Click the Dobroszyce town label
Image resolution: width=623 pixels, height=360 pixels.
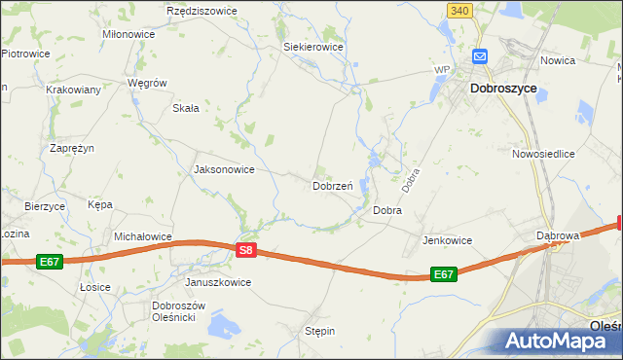503,88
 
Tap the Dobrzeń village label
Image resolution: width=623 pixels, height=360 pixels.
332,185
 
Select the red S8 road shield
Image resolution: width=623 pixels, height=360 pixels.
246,250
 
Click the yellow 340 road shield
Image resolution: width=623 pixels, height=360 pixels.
461,10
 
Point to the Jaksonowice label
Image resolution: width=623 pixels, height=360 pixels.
225,169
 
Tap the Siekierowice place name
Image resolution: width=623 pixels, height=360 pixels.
313,46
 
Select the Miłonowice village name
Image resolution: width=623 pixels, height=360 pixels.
128,33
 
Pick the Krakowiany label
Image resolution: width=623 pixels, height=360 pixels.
74,89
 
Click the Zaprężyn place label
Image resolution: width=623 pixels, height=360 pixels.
72,148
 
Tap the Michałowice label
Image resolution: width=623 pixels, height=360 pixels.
143,236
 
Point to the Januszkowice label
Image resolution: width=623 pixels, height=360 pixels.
218,282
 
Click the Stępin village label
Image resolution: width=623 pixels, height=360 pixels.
319,331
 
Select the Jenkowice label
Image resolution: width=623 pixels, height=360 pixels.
447,240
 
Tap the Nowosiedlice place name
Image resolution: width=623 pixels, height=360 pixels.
544,154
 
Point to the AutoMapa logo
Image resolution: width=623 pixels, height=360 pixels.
559,341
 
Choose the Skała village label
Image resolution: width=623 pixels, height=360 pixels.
185,108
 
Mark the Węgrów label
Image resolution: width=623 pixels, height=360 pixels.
148,84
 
